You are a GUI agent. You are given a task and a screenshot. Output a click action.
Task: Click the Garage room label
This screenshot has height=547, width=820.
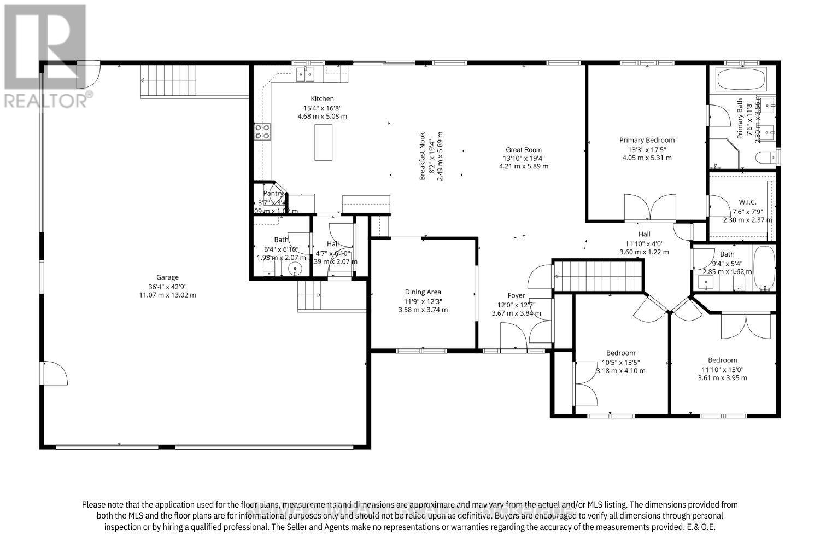(167, 277)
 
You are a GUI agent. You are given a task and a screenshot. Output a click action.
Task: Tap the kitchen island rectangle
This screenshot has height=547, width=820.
(323, 142)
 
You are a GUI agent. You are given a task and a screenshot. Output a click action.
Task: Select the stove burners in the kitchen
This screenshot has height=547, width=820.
(262, 131)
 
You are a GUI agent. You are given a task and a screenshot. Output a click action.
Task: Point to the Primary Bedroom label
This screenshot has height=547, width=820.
(647, 140)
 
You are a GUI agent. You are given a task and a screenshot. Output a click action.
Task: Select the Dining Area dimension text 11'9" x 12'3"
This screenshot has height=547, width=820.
(423, 301)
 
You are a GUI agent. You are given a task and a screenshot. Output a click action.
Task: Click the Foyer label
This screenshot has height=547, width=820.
(516, 296)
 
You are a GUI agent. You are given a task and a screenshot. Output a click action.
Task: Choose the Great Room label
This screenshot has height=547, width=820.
(523, 149)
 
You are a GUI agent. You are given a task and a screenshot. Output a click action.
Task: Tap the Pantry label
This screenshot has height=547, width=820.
(273, 193)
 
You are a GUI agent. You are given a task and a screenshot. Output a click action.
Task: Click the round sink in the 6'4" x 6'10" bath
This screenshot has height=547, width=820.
(296, 269)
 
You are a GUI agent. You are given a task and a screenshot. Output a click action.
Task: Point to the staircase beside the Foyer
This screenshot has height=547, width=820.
(597, 276)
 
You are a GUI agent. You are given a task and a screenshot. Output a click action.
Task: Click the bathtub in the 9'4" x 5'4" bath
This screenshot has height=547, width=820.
(764, 268)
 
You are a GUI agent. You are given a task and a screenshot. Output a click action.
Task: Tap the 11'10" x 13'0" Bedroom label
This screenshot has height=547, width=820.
(722, 360)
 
